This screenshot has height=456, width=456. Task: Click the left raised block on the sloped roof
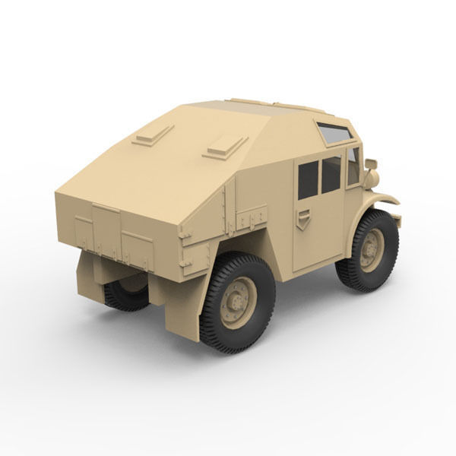click(x=152, y=135)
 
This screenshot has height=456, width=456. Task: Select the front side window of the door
click(x=331, y=175)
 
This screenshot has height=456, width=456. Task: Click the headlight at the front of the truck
click(x=372, y=178)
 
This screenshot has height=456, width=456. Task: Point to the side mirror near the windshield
click(x=371, y=163)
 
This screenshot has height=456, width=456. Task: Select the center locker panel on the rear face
click(x=106, y=229)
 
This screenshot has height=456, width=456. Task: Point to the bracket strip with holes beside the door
click(x=252, y=220)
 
